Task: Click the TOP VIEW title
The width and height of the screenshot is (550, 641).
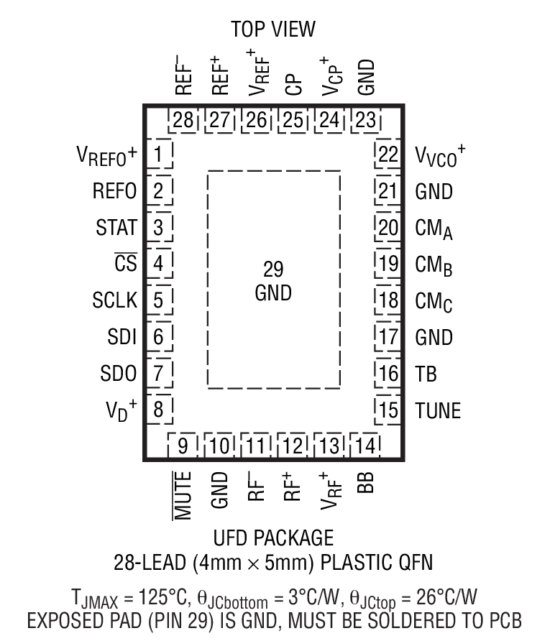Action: click(x=273, y=29)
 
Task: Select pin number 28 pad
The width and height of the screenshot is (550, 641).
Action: click(x=184, y=120)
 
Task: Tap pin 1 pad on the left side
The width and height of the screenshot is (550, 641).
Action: click(x=158, y=154)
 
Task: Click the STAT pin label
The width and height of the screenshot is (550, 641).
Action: click(x=116, y=229)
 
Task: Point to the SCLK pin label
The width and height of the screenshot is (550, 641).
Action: click(x=114, y=300)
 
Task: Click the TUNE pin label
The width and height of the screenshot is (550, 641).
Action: click(x=438, y=411)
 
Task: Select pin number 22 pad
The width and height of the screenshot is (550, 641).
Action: click(x=388, y=155)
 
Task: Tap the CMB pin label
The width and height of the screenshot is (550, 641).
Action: click(x=434, y=265)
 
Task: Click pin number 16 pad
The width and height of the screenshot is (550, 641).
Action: click(x=388, y=374)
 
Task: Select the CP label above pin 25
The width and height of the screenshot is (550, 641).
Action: click(x=293, y=86)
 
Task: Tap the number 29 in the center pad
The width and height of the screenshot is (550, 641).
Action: click(x=273, y=270)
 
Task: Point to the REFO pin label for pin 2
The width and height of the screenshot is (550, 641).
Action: click(x=114, y=191)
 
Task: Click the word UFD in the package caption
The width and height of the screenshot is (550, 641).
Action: click(x=234, y=538)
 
